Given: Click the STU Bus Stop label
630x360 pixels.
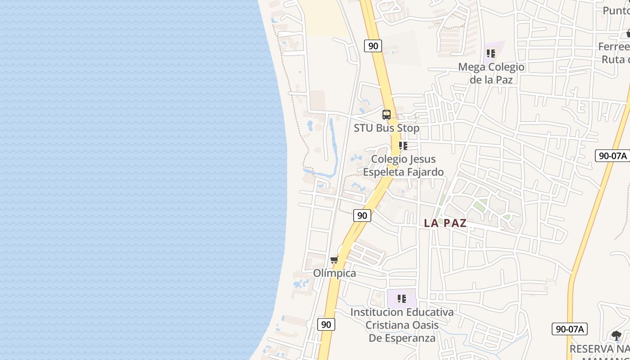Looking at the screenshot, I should click(x=386, y=128).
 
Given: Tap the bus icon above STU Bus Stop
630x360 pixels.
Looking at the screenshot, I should click(x=386, y=115).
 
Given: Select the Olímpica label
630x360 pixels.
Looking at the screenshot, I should click(x=334, y=273).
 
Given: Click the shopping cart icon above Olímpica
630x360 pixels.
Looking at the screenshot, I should click(x=334, y=260).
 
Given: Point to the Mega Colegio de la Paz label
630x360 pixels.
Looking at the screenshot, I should click(x=491, y=73).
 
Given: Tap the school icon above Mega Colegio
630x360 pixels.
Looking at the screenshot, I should click(x=491, y=54).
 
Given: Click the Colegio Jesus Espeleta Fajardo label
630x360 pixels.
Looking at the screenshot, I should click(x=403, y=166).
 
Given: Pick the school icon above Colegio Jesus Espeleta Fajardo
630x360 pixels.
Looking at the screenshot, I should click(x=403, y=146).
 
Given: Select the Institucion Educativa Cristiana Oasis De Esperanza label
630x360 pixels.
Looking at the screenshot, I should click(x=402, y=325).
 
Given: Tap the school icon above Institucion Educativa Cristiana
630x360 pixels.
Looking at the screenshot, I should click(x=402, y=298).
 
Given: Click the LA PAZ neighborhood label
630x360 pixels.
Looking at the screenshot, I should click(x=445, y=223).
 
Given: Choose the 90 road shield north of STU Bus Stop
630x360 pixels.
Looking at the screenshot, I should click(x=373, y=45).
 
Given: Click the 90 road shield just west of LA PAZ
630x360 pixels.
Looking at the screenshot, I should click(x=362, y=216).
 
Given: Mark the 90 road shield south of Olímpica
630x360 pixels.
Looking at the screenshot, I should click(x=326, y=324).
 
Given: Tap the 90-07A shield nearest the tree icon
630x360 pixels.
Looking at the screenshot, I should click(x=569, y=329).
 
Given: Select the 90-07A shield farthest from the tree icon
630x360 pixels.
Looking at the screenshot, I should click(x=612, y=156).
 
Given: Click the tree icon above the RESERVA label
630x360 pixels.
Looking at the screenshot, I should click(x=616, y=335).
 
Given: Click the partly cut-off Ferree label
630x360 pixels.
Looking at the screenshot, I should click(x=614, y=46).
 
